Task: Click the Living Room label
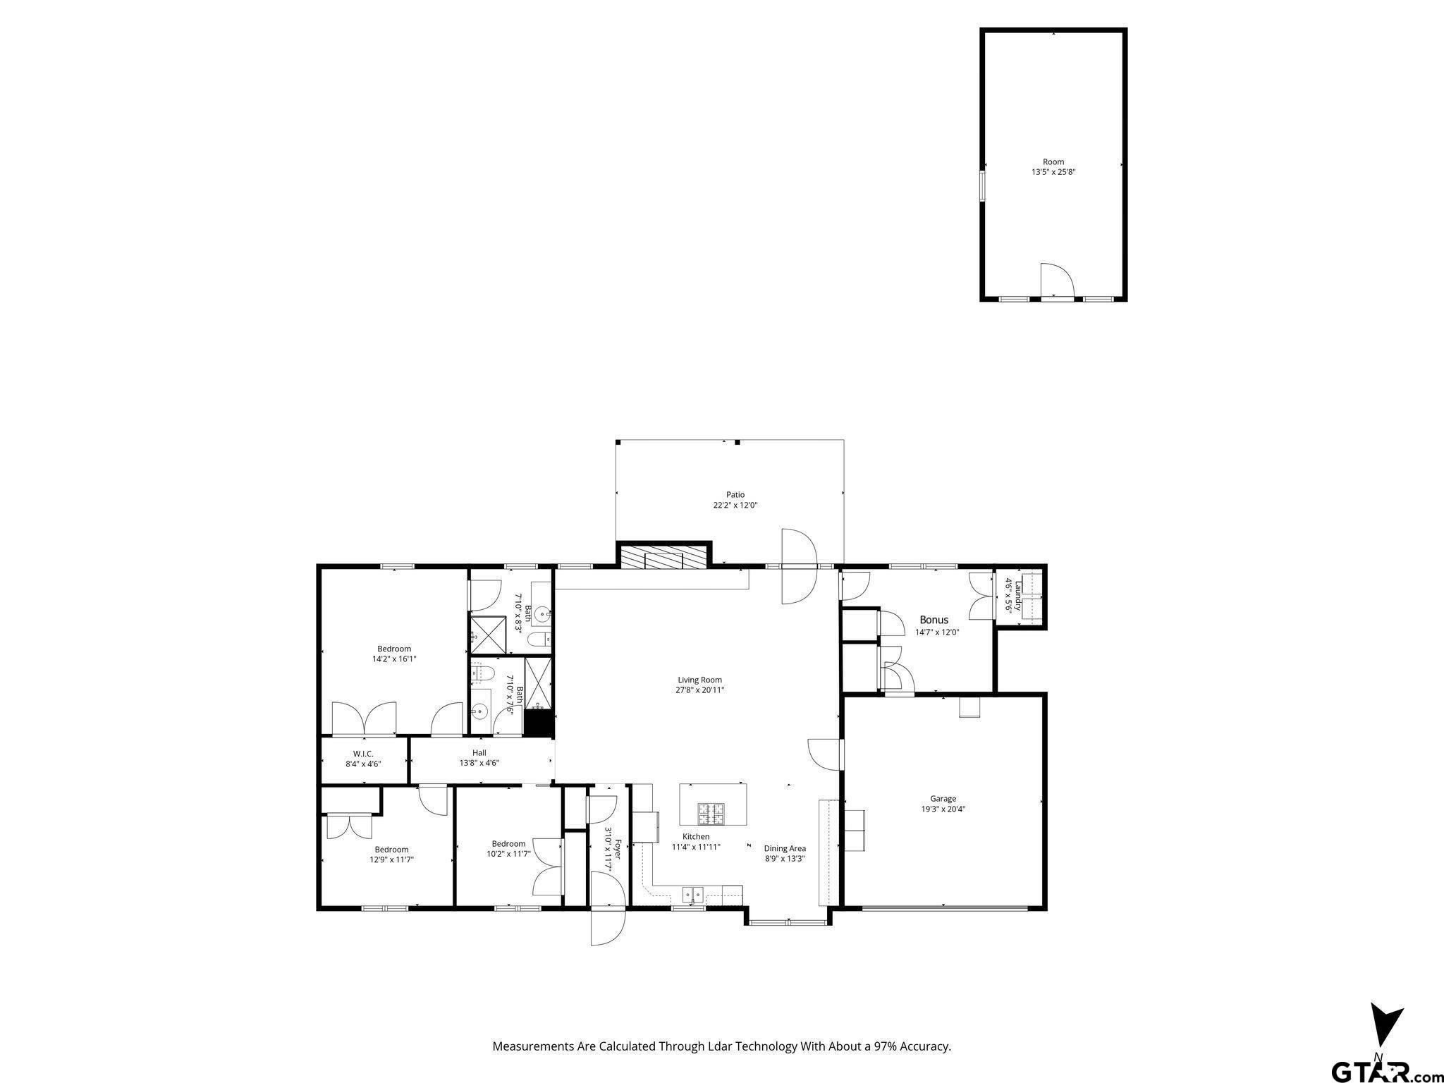click(699, 680)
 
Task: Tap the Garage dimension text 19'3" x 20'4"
click(943, 809)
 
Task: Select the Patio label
click(735, 495)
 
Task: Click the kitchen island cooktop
click(712, 814)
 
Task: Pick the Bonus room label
click(934, 620)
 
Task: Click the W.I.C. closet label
click(363, 754)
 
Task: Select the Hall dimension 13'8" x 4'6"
click(479, 763)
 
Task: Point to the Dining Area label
click(785, 849)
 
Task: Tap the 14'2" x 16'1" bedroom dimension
click(394, 659)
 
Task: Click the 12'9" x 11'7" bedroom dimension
click(391, 859)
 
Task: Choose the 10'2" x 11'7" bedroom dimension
click(508, 854)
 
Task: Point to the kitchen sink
click(692, 895)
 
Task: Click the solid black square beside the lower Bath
click(538, 723)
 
